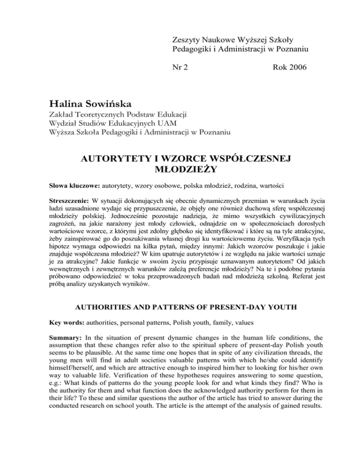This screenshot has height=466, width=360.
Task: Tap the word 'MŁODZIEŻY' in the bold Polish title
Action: (x=180, y=171)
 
